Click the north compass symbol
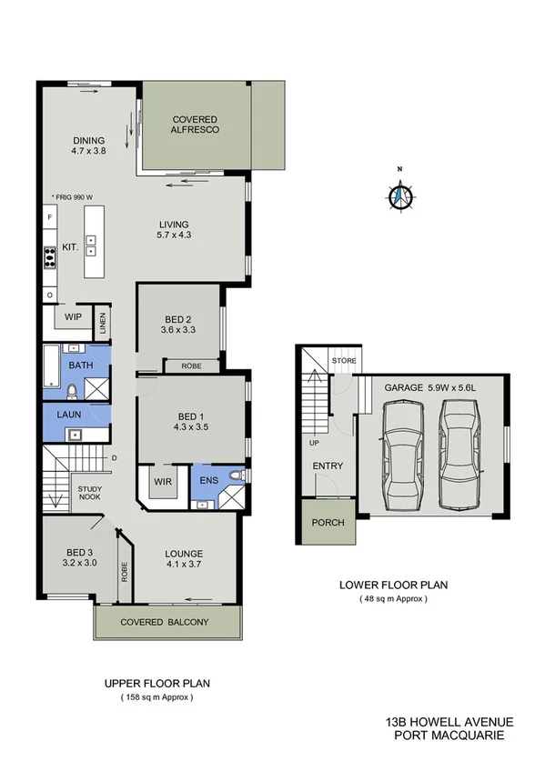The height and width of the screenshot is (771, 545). click(x=399, y=195)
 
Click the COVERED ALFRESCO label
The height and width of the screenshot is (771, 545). click(x=195, y=124)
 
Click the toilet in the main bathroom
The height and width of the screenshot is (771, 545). click(x=72, y=391)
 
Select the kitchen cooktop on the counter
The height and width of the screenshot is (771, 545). click(x=50, y=257)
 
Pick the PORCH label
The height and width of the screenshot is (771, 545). click(x=328, y=523)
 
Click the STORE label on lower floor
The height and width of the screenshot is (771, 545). click(x=345, y=361)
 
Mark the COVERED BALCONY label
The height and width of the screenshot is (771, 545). click(x=167, y=622)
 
